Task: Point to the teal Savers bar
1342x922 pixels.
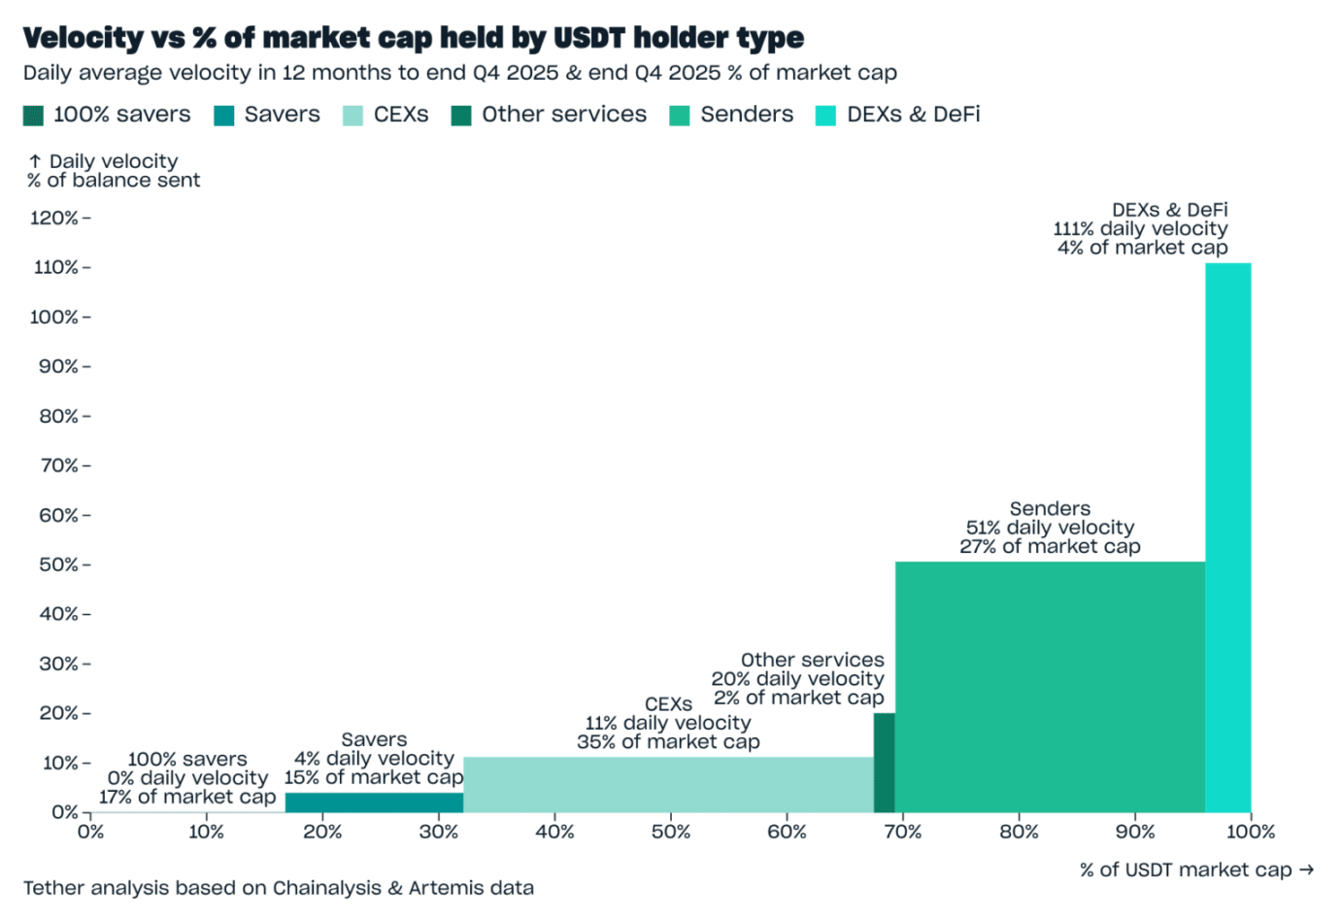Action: (374, 802)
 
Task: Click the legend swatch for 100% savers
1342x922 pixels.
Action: (33, 116)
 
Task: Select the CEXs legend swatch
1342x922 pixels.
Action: (353, 116)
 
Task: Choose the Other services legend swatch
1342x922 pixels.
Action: (461, 116)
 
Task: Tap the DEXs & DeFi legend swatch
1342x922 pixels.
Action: (825, 116)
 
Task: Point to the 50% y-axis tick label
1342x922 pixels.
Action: (58, 565)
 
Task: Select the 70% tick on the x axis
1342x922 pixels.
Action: (902, 832)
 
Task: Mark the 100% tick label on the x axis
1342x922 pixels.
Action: (1251, 832)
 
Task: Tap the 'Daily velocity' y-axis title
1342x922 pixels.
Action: (114, 161)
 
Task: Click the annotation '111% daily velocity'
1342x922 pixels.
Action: (1140, 229)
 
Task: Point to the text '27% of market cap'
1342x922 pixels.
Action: (1050, 547)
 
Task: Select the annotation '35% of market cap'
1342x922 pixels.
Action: (668, 742)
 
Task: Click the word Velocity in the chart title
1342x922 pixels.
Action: (83, 38)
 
